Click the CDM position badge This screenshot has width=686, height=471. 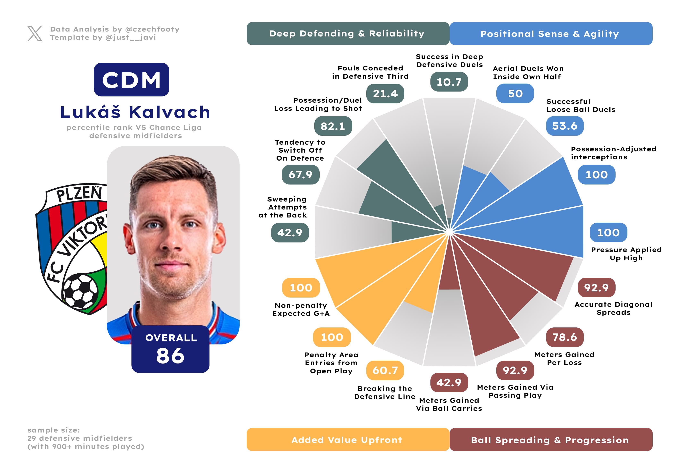click(131, 80)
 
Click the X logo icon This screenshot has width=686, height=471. click(35, 33)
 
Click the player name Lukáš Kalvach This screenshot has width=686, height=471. click(135, 112)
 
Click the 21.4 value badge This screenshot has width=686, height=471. click(385, 94)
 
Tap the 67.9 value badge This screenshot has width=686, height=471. click(300, 174)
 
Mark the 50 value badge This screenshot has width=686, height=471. click(515, 94)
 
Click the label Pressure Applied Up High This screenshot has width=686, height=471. click(626, 254)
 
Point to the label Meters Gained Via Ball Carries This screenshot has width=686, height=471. click(449, 404)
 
